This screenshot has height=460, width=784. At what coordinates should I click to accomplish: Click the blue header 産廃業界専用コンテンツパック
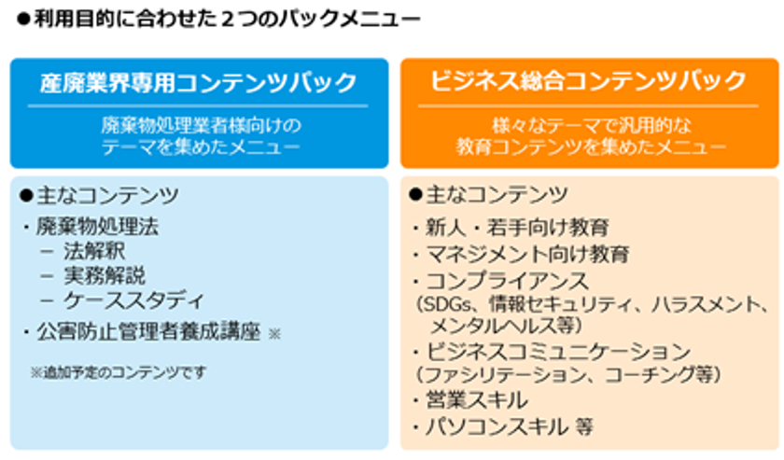(x=199, y=83)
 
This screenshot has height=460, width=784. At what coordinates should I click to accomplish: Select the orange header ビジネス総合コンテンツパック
(x=589, y=81)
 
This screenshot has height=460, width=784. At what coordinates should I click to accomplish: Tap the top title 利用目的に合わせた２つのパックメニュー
(x=227, y=19)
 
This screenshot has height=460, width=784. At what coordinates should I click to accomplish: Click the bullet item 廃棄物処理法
(x=97, y=227)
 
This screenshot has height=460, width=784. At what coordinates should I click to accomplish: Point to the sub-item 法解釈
(x=94, y=251)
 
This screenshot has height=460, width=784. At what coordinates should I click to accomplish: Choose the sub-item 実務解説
(x=105, y=275)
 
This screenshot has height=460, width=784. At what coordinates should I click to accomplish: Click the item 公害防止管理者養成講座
(x=148, y=332)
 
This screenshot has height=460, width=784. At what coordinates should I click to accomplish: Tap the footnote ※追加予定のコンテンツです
(x=118, y=372)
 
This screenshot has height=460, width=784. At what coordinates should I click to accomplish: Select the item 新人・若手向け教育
(x=517, y=228)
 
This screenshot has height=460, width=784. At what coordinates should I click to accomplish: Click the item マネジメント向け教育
(x=527, y=255)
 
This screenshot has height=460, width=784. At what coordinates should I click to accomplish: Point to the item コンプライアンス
(x=507, y=281)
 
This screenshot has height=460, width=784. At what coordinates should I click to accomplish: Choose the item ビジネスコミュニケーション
(x=558, y=352)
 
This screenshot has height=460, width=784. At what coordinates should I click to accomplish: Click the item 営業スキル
(x=477, y=400)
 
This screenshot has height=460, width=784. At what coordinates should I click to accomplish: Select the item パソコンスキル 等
(x=509, y=426)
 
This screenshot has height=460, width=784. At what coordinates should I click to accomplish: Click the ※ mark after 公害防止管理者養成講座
(x=274, y=333)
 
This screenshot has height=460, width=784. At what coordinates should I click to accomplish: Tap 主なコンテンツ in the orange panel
(x=497, y=194)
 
